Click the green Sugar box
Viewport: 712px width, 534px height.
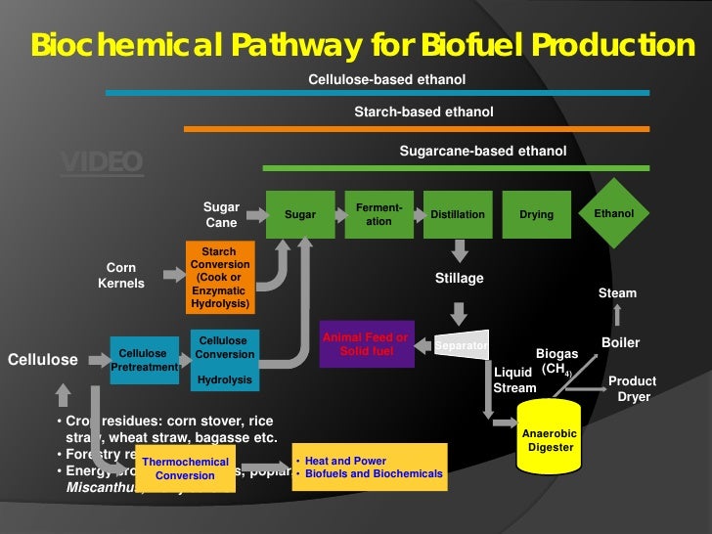point(299,214)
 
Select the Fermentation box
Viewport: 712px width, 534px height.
point(378,214)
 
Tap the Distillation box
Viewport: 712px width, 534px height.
point(458,214)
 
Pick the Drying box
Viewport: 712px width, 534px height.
point(536,214)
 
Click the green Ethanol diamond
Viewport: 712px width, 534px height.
point(614,213)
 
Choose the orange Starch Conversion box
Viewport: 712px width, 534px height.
point(219,278)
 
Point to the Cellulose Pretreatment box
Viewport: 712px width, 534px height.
point(143,360)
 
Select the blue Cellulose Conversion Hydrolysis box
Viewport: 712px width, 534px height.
point(224,360)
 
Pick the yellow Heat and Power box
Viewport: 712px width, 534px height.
point(368,467)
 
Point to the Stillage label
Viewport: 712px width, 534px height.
point(459,279)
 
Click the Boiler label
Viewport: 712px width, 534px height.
point(619,342)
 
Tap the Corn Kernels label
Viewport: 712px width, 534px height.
point(121,275)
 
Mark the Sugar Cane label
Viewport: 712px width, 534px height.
point(221,215)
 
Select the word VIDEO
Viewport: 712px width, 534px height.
point(102,161)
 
